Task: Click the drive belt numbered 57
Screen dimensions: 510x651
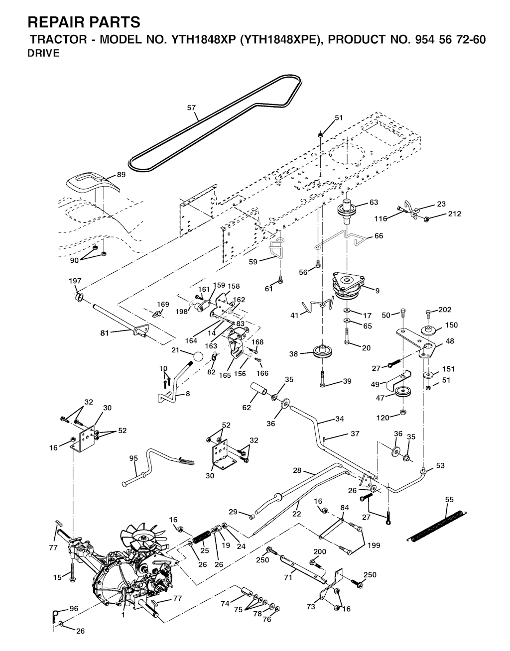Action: (198, 120)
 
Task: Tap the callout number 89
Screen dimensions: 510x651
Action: (121, 174)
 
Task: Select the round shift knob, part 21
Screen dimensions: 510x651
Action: (197, 357)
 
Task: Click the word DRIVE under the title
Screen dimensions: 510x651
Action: (43, 53)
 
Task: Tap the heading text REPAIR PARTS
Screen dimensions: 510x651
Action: (84, 22)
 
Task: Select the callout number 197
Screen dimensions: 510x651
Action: (75, 281)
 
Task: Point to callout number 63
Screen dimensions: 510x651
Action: (374, 202)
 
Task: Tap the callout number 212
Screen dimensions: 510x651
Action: (455, 214)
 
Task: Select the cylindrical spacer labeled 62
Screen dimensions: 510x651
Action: (258, 389)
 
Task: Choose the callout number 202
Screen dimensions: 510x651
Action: (445, 310)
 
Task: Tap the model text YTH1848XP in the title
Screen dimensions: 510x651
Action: (203, 39)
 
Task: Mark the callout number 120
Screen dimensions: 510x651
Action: (382, 418)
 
